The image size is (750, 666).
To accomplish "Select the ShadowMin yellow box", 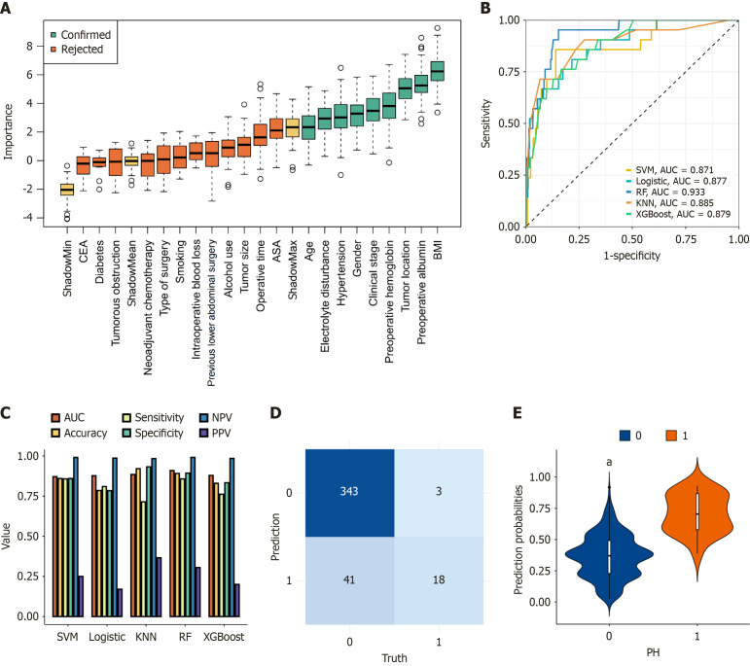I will tap(66, 190).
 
